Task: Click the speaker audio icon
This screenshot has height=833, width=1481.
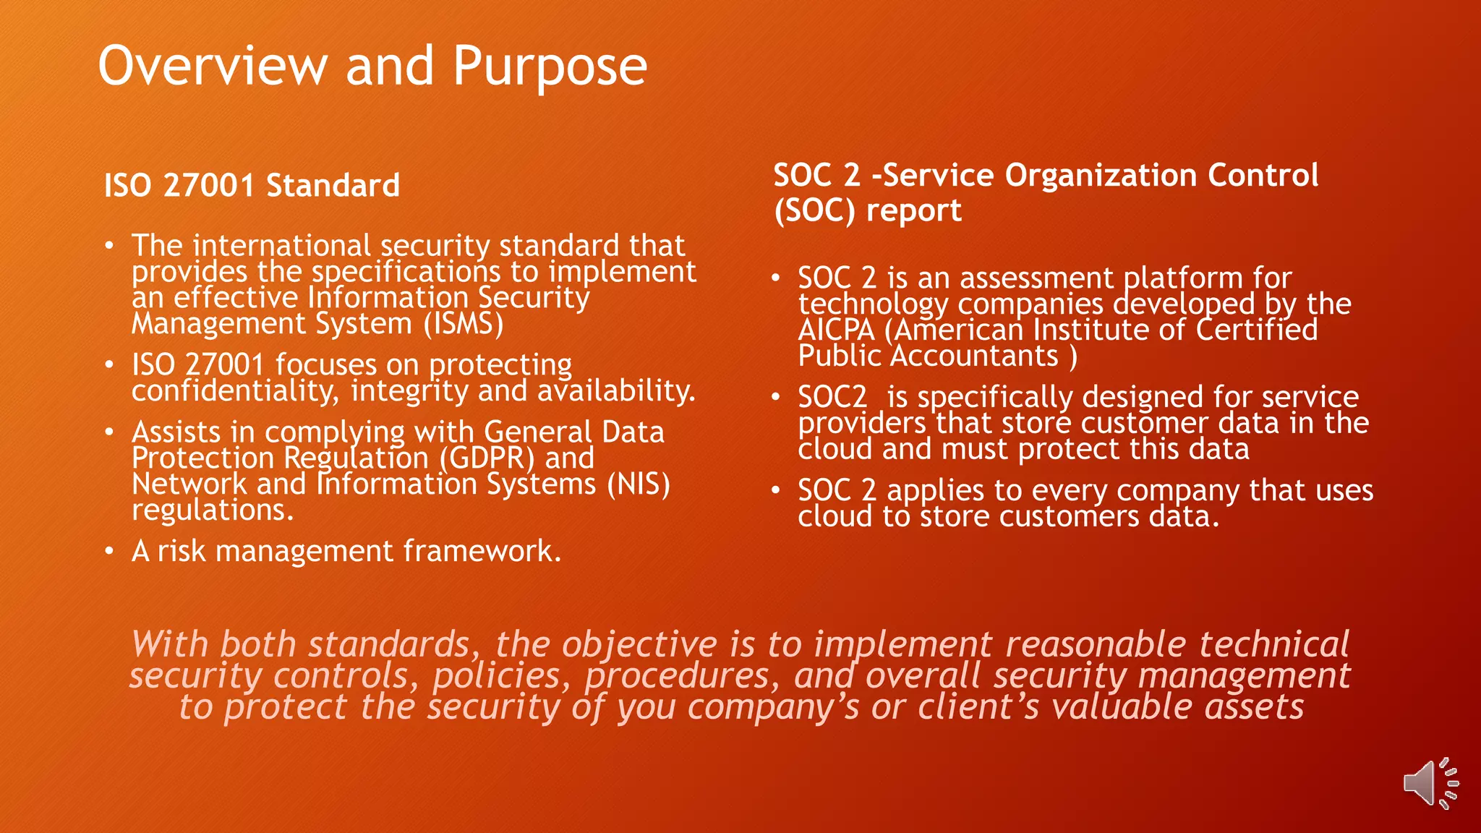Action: click(x=1430, y=783)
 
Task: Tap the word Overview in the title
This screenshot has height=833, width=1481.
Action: click(x=213, y=66)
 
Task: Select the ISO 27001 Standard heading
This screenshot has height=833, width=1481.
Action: click(x=252, y=185)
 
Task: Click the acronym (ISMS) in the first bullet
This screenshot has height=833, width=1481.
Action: click(x=464, y=323)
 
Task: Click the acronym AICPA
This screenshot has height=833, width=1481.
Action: click(x=836, y=330)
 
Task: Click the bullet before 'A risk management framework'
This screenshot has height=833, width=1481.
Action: click(x=108, y=552)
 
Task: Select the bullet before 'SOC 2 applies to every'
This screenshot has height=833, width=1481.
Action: click(x=775, y=491)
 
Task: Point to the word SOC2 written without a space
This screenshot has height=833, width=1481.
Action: click(x=832, y=397)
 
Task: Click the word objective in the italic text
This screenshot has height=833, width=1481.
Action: click(x=639, y=644)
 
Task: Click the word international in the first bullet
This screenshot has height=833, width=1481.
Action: click(x=282, y=246)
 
